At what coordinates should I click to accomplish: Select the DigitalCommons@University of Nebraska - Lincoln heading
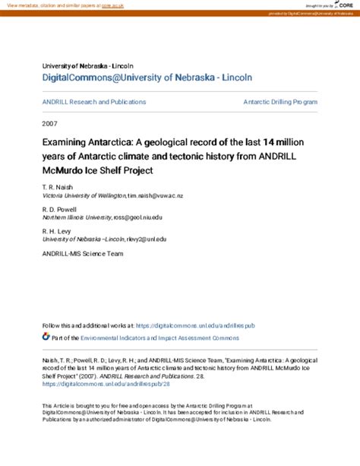pyautogui.click(x=147, y=77)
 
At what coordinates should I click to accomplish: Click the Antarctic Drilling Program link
pyautogui.click(x=279, y=101)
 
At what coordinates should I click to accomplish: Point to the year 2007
pyautogui.click(x=51, y=122)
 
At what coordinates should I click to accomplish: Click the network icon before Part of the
pyautogui.click(x=47, y=335)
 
